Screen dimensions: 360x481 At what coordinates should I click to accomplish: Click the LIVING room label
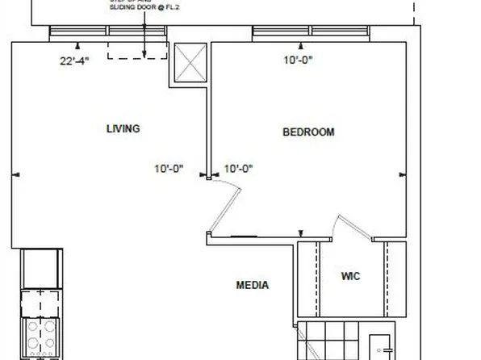[123, 128]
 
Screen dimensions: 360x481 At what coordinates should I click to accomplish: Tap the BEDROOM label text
[307, 132]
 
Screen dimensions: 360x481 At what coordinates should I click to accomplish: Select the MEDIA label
[252, 285]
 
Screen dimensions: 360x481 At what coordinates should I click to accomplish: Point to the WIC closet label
[350, 277]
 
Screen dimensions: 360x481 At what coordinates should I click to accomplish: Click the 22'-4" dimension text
[74, 61]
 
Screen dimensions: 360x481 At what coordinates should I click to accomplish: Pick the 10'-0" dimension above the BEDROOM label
[296, 60]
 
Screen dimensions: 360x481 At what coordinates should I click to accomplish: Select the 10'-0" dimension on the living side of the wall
[169, 169]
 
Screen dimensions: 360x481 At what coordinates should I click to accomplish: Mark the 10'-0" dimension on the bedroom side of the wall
[238, 169]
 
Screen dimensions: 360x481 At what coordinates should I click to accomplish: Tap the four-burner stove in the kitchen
[40, 337]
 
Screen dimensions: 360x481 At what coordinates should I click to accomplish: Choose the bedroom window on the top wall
[311, 31]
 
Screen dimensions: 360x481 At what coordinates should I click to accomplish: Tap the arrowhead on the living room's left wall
[16, 174]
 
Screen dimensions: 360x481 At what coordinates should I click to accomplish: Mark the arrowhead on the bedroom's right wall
[403, 174]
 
